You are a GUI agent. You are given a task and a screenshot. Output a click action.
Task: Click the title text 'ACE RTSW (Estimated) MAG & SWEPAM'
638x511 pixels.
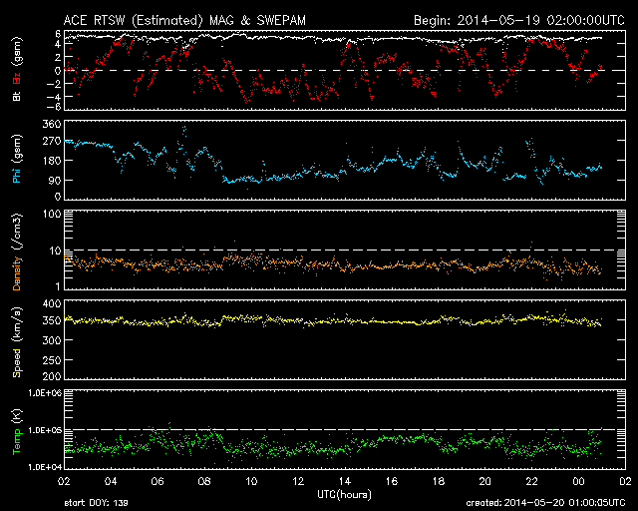(184, 20)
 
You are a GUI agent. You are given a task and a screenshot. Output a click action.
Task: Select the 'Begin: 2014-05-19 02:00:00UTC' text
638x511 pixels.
(519, 20)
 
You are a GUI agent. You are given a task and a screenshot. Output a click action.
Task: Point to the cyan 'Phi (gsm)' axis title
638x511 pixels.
(17, 160)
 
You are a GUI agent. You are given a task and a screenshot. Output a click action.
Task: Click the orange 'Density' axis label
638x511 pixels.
(17, 273)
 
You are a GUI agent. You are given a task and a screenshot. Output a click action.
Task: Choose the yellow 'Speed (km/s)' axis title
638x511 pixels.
(17, 342)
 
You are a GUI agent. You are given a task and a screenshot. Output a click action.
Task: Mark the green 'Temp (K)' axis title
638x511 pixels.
(17, 431)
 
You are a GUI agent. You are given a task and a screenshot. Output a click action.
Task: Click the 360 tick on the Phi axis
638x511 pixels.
(52, 124)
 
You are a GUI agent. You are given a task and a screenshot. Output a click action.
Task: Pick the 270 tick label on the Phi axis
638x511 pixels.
(52, 142)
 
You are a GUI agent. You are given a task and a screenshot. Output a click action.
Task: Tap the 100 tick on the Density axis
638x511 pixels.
(52, 214)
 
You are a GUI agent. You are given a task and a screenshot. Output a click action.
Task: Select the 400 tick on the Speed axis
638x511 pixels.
(52, 303)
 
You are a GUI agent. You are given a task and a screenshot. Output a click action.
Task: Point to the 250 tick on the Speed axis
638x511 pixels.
(52, 360)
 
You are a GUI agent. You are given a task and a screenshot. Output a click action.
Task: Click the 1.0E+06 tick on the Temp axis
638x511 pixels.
(44, 393)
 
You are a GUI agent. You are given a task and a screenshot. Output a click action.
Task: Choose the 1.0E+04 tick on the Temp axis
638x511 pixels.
(44, 467)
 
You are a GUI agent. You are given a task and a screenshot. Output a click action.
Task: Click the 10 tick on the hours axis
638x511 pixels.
(251, 481)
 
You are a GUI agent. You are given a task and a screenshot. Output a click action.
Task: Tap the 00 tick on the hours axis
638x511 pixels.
(578, 481)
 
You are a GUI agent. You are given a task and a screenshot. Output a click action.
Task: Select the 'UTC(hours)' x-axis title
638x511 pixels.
(344, 495)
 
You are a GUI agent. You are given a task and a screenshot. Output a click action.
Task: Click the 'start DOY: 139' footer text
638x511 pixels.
(96, 503)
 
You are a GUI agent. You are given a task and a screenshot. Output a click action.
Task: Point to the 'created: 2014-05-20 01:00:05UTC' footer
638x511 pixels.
(545, 503)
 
